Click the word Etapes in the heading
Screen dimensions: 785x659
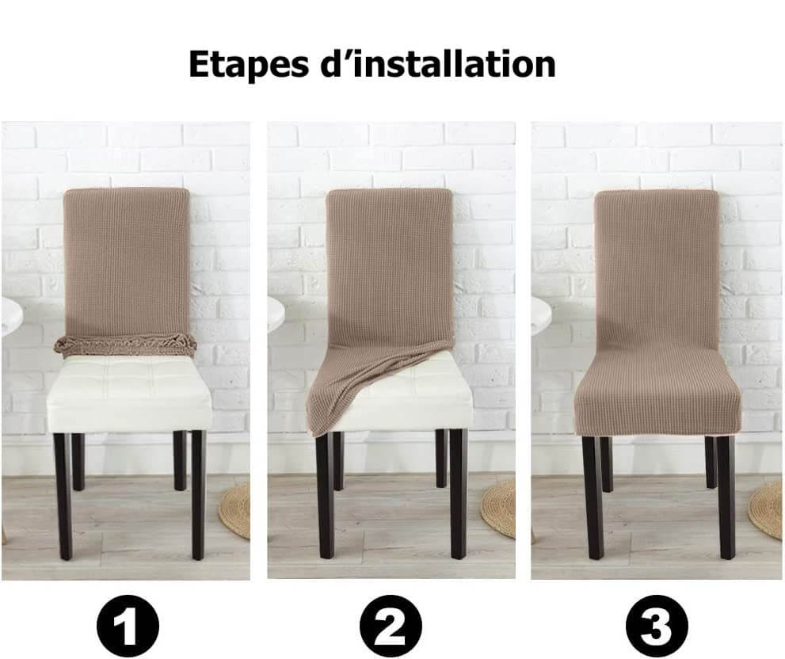coord(248,64)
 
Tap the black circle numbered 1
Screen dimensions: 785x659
coord(128,626)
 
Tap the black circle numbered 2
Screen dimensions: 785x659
coord(391,626)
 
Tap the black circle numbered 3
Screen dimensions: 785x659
coord(657,626)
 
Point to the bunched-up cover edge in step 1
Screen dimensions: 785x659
coord(125,346)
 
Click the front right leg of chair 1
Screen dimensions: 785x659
coord(198,495)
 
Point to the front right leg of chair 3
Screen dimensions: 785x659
coord(726,497)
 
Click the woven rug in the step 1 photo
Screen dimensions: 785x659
coord(236,510)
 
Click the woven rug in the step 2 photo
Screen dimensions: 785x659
coord(500,508)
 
